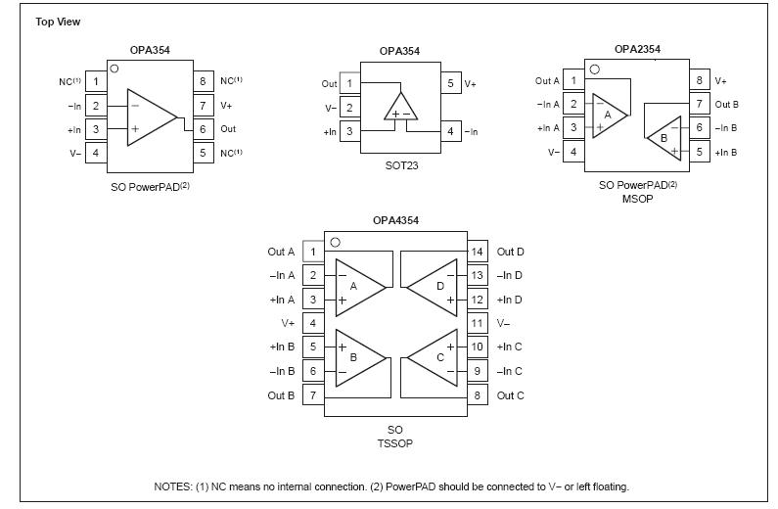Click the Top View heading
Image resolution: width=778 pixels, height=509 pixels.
point(58,22)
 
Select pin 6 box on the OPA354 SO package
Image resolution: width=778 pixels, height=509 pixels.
point(204,129)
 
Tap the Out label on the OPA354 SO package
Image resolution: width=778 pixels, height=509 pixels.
point(228,129)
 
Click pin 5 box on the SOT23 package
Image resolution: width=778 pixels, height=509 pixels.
point(450,84)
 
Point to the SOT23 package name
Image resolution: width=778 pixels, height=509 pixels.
point(401,165)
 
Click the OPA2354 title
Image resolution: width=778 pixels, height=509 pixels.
point(637,49)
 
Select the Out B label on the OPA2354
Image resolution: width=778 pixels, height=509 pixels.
point(726,105)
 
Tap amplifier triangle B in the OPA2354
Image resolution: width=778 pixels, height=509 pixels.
point(665,136)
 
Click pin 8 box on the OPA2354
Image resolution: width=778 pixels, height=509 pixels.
point(699,81)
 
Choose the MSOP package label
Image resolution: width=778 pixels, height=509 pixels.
point(637,199)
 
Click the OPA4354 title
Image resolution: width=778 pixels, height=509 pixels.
point(395,220)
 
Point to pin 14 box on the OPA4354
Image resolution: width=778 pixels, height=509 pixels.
point(478,252)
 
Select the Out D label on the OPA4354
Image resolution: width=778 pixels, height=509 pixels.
point(511,252)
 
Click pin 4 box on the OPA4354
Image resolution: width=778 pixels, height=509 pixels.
point(313,323)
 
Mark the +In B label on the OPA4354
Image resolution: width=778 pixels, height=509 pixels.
point(282,347)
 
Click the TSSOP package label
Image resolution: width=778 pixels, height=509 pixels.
point(395,443)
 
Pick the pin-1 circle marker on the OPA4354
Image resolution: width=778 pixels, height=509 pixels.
point(335,242)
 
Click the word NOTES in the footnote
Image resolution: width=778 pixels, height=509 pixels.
point(171,486)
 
